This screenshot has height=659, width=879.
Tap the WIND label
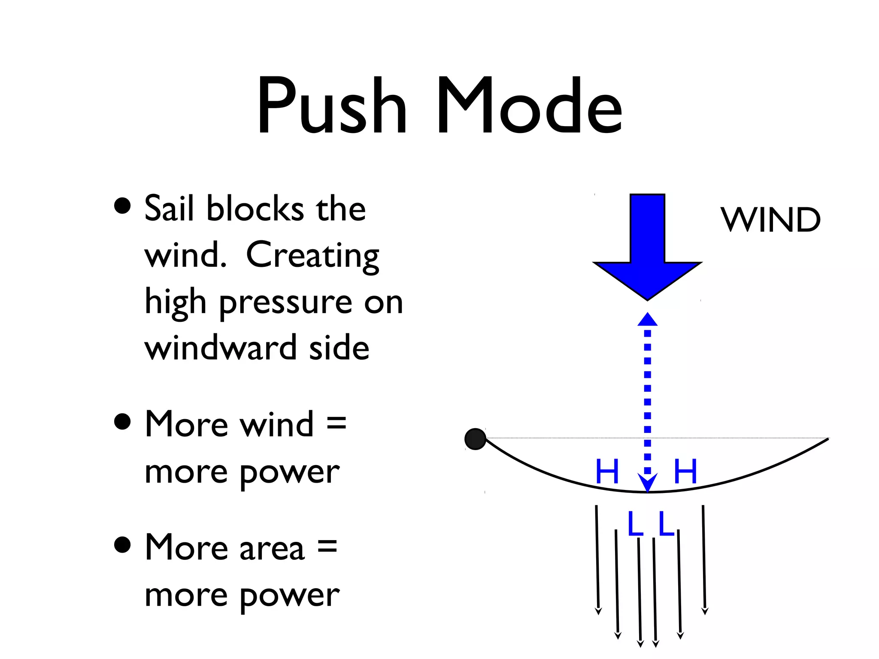click(770, 220)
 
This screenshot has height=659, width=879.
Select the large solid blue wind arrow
click(647, 249)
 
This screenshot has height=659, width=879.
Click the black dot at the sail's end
click(475, 439)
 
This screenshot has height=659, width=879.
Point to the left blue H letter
click(607, 471)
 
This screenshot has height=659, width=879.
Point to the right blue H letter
click(685, 471)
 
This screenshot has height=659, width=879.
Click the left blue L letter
click(635, 524)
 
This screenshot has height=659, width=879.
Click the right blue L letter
click(666, 524)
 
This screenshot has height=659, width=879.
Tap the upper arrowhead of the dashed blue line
click(647, 320)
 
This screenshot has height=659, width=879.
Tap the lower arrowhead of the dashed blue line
click(647, 483)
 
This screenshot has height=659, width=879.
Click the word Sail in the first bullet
click(168, 209)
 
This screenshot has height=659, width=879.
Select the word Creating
click(312, 256)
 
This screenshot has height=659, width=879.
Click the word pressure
click(286, 303)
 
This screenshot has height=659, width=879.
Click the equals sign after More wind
click(336, 423)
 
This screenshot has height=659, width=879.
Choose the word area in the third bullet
click(272, 548)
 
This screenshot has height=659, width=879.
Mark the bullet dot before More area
click(123, 545)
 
